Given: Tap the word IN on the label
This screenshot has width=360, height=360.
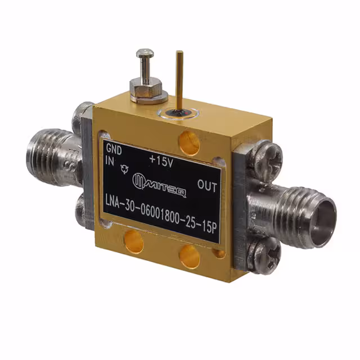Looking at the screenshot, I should tap(110, 160).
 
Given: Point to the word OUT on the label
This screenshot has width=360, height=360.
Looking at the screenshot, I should tap(208, 185).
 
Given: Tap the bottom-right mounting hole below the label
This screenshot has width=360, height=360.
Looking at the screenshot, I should tap(190, 256).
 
